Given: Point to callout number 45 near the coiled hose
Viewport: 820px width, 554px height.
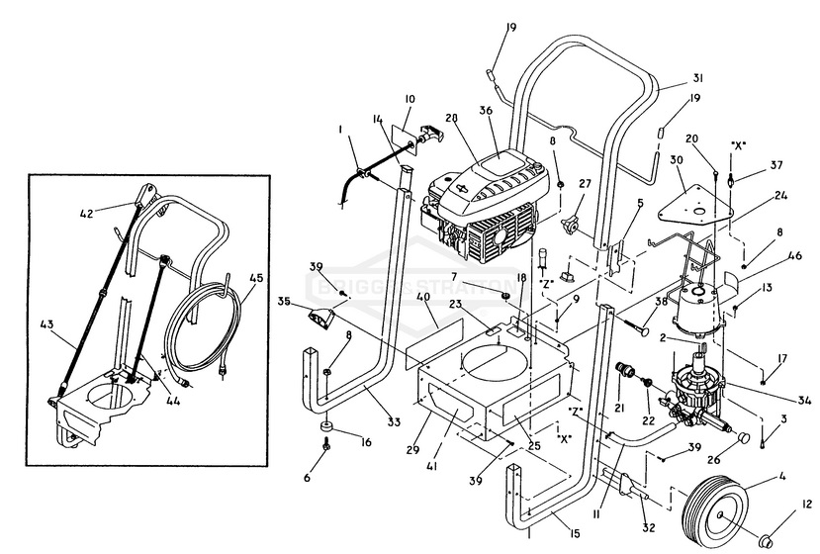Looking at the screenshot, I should (x=256, y=278).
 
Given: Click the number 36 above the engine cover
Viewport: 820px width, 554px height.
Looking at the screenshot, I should (x=485, y=112).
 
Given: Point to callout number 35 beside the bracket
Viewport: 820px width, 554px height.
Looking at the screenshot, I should (x=285, y=303).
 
